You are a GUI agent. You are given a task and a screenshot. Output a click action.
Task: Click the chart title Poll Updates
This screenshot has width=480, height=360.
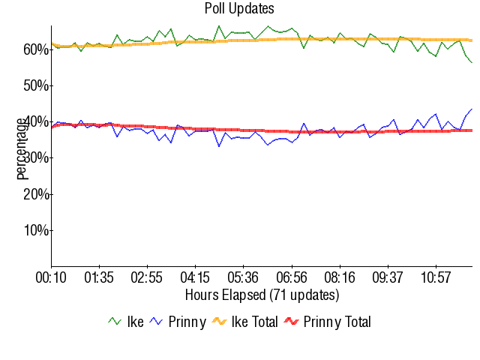[239, 9]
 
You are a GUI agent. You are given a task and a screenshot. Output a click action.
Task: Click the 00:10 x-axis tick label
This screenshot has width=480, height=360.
[51, 278]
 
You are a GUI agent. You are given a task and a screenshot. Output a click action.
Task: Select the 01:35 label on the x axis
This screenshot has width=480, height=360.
[99, 278]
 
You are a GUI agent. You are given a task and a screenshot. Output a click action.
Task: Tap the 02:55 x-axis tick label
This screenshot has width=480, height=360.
[147, 278]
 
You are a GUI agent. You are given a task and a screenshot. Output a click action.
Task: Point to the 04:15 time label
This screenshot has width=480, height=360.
[195, 278]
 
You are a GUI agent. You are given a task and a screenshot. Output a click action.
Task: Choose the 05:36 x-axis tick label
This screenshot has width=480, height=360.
[243, 278]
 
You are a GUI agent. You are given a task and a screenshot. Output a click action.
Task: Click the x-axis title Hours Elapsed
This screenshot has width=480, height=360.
[262, 294]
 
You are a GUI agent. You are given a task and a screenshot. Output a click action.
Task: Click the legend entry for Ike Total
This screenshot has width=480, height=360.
[244, 322]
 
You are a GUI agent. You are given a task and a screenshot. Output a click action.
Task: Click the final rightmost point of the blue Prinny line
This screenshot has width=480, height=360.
[471, 109]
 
